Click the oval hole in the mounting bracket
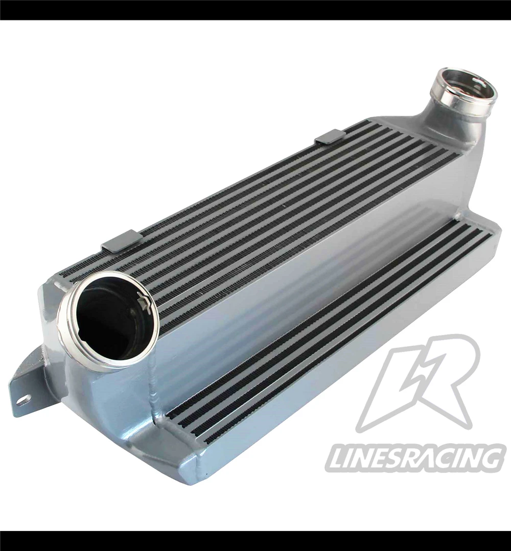[23, 400]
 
